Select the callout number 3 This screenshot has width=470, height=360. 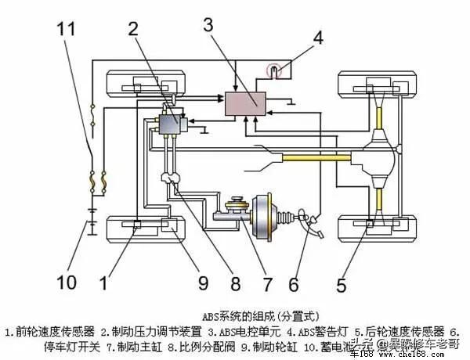click(x=208, y=23)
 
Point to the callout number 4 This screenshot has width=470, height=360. click(x=317, y=37)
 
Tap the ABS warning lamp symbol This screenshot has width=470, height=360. click(x=274, y=70)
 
